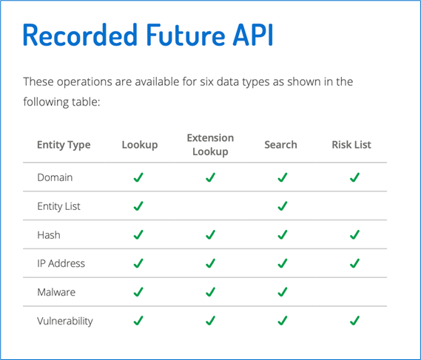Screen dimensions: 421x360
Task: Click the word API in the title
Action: pos(253,35)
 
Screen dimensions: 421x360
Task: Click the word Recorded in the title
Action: pos(81,35)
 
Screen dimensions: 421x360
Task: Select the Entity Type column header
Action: pos(64,145)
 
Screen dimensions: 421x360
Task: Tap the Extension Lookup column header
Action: pos(210,145)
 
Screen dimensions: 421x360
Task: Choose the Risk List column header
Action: pos(351,145)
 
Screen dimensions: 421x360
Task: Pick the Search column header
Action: pos(280,145)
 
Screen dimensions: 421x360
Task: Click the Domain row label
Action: pos(55,177)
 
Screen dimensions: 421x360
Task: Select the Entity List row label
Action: pos(58,206)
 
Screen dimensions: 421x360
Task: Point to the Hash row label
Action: pos(49,235)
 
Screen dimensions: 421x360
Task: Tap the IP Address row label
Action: pos(61,263)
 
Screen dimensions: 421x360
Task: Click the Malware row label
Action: pos(56,292)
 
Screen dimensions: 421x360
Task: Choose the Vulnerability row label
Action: pos(65,321)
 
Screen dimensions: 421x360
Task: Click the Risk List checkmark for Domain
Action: pos(354,177)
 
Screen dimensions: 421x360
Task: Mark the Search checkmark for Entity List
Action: pos(283,206)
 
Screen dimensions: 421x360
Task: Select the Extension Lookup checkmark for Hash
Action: pos(210,235)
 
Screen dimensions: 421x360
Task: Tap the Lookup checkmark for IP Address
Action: pos(138,263)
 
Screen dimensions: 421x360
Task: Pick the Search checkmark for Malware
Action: pos(283,292)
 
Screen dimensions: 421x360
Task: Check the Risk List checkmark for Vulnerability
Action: pos(354,321)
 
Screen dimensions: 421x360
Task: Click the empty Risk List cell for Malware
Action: pos(351,292)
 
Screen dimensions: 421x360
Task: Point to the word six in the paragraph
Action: pos(206,81)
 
